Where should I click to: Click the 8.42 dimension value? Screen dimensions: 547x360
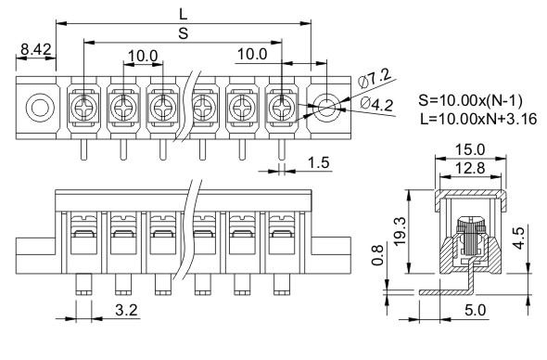coord(35,49)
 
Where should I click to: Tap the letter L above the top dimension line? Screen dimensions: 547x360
coord(184,14)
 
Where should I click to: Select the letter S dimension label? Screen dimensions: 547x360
coord(184,33)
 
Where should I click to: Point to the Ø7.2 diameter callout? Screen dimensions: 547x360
coord(375,78)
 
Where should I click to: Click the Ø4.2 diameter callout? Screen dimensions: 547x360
coord(376,104)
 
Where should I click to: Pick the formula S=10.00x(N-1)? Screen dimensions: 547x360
coord(471,100)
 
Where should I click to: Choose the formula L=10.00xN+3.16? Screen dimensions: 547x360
coord(478,119)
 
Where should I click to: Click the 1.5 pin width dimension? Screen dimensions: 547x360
coord(319,162)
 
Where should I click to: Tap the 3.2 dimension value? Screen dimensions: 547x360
coord(126,310)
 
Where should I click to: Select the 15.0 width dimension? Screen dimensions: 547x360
coord(470,149)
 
